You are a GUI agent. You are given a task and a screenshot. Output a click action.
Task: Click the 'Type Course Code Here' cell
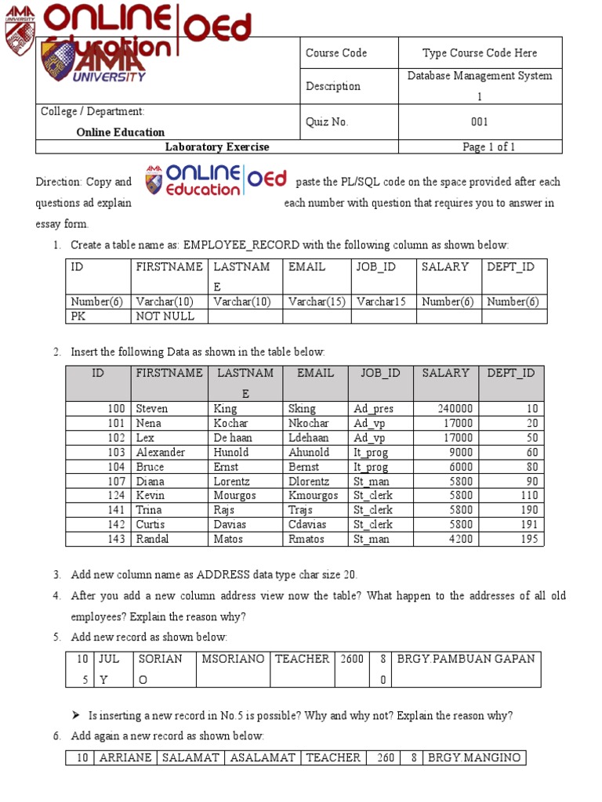(x=480, y=53)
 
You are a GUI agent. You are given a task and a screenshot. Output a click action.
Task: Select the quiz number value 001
(x=480, y=121)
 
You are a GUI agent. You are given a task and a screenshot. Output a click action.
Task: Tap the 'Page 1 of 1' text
(x=488, y=146)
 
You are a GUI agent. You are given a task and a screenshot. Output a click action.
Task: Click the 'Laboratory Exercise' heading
(x=217, y=146)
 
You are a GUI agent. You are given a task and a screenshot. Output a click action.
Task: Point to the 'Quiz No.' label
(x=326, y=121)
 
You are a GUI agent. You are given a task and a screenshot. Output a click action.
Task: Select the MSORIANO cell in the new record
(x=233, y=659)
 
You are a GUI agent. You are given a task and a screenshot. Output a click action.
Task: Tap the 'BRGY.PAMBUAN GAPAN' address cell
(x=466, y=659)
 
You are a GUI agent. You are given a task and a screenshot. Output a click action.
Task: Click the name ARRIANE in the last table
(x=125, y=757)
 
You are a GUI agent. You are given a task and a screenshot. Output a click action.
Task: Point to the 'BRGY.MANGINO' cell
(x=473, y=757)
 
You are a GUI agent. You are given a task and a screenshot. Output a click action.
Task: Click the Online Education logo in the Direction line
(x=216, y=181)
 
